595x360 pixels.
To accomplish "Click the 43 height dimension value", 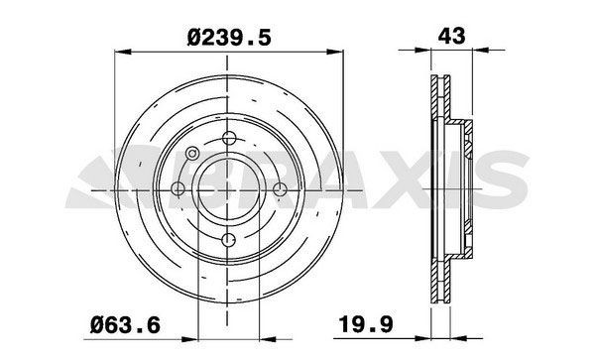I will (450, 37).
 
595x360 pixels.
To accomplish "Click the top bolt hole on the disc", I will (230, 138).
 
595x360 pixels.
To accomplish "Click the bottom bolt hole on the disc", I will (230, 237).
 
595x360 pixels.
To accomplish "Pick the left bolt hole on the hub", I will (180, 187).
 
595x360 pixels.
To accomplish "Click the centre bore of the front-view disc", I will (230, 187).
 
